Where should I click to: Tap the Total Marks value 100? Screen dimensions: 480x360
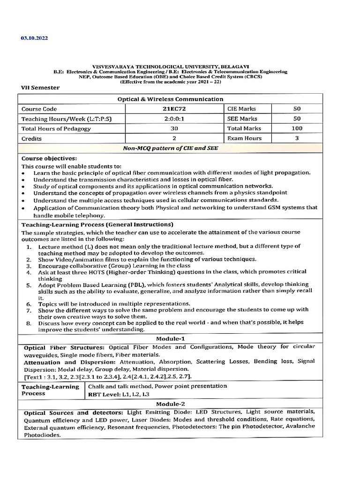pos(297,128)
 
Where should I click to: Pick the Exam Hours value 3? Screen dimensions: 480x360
pos(297,138)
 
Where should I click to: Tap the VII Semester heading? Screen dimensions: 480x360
pos(40,88)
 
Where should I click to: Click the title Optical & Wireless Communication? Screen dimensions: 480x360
pos(170,99)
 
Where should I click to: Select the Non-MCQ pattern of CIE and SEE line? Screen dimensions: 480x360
pos(170,148)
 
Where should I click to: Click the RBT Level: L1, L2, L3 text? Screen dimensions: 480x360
pos(119,395)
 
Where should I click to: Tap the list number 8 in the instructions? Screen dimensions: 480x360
pos(29,323)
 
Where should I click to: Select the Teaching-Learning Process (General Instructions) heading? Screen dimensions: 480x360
pos(97,224)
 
